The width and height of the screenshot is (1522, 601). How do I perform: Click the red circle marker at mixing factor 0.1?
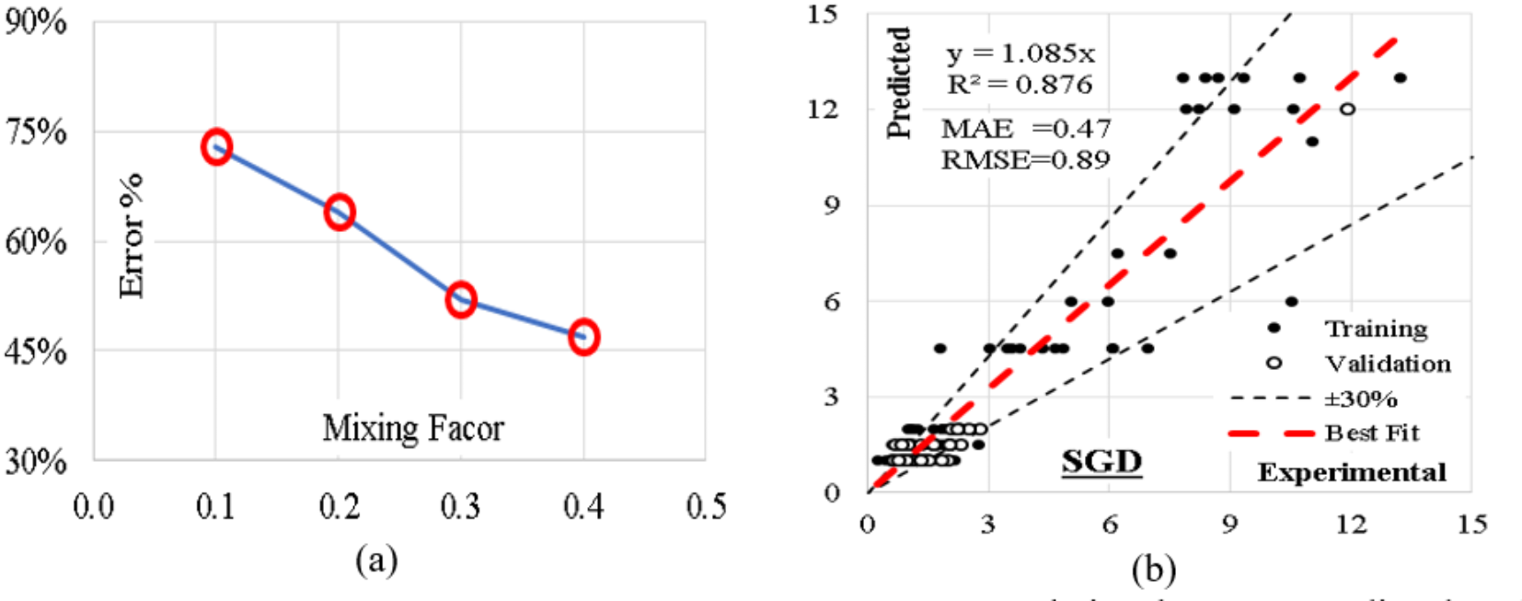point(216,146)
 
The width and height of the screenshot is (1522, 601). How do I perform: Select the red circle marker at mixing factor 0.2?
point(340,213)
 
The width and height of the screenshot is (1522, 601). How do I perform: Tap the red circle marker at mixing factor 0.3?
point(461,299)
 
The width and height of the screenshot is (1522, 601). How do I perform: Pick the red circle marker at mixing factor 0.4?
point(583,337)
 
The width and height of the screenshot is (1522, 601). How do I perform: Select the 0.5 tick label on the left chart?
point(706,506)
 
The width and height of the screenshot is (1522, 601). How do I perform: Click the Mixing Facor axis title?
point(413,428)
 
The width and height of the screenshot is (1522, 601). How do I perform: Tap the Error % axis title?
point(133,236)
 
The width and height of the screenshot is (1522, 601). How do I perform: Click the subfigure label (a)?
point(376,560)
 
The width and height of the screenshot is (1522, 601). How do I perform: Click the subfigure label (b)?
point(1154,571)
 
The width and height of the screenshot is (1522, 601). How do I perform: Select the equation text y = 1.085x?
point(1020,53)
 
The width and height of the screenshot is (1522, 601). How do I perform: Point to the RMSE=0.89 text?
point(1025,160)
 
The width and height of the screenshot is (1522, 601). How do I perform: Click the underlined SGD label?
point(1101,461)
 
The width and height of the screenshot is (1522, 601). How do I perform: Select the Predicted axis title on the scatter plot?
point(899,83)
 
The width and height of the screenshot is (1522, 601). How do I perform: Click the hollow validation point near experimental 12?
point(1347,109)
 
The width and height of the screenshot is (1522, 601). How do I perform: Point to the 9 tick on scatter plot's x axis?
point(1230,525)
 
